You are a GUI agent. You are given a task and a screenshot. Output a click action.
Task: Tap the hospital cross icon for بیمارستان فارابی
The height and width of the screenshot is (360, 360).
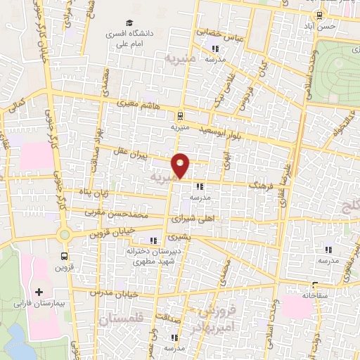coord(39,291)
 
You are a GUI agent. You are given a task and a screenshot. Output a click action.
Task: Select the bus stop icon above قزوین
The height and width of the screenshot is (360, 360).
coord(65,256)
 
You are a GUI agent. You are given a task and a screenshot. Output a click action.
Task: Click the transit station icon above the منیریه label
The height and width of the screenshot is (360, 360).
coord(181,116)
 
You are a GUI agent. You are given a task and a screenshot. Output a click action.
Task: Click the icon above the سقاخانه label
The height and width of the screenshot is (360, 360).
coord(312,286)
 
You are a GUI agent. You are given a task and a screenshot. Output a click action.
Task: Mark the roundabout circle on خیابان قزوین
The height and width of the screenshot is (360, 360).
coord(65,235)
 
